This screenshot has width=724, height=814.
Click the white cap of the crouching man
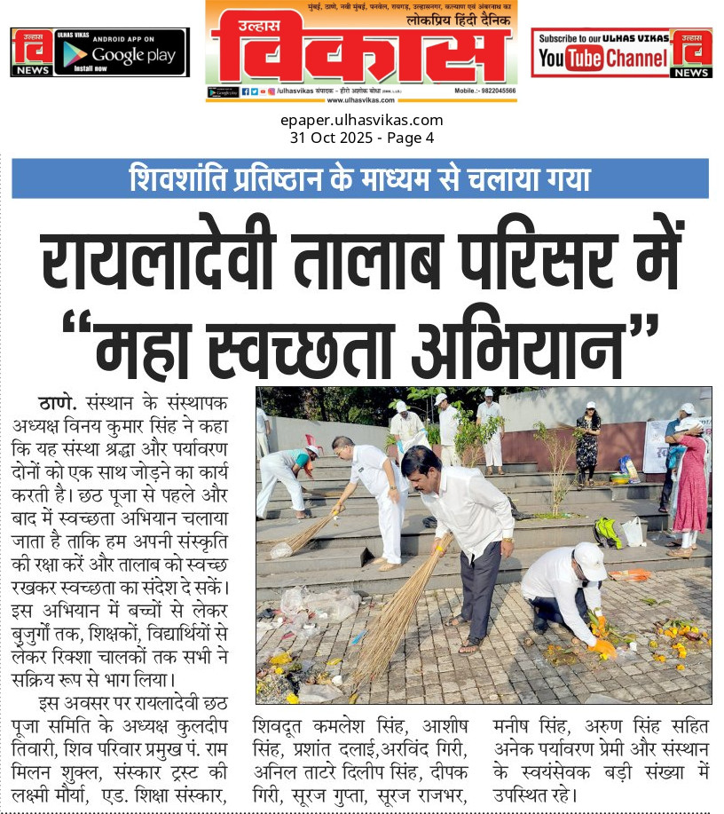[x=590, y=560]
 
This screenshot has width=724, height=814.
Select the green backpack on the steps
[x=608, y=533]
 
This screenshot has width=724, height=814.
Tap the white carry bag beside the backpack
[x=633, y=531]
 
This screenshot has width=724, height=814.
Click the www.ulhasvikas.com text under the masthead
[x=361, y=99]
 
